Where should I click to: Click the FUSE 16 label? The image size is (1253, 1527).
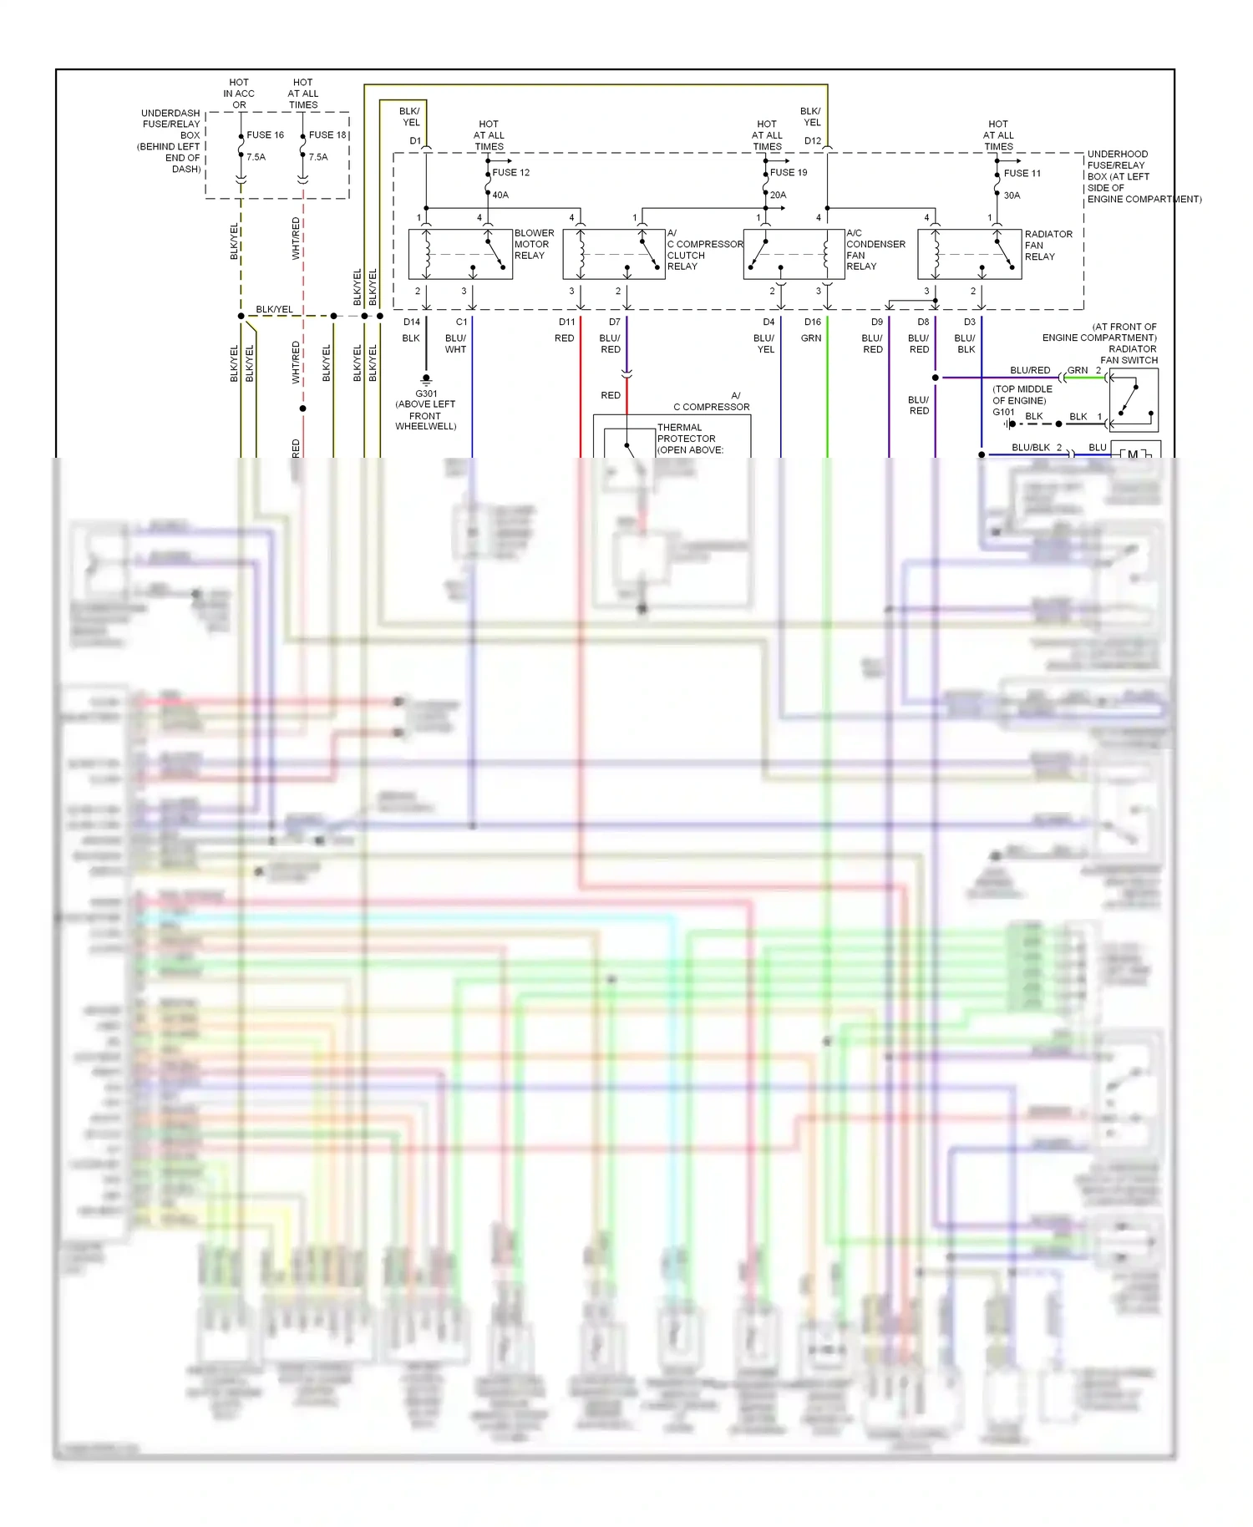pos(265,134)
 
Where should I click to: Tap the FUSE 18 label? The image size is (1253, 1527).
pos(327,134)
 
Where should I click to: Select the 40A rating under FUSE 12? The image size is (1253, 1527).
pos(500,195)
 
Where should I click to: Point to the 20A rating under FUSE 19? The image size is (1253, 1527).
pos(778,195)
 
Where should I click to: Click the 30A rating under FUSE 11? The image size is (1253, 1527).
pos(1012,195)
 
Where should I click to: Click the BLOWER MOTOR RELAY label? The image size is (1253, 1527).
pos(534,244)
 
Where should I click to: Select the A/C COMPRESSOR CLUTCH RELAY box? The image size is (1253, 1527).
pos(614,255)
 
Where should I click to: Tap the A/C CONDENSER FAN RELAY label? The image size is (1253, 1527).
pos(875,250)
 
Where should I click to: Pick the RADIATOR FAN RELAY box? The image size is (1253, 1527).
pos(969,255)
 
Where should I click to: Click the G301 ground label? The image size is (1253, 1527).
pos(426,393)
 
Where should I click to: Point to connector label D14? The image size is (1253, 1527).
pos(412,322)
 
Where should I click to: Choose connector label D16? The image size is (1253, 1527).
pos(813,322)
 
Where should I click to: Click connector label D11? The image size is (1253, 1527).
pos(567,322)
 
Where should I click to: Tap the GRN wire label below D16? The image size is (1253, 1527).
pos(811,338)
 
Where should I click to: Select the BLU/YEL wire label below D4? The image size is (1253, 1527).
pos(764,343)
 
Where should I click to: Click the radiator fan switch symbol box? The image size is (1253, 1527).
pos(1133,401)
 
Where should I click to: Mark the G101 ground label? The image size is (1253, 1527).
pos(1003,412)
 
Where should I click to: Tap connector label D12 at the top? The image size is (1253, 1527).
pos(813,140)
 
